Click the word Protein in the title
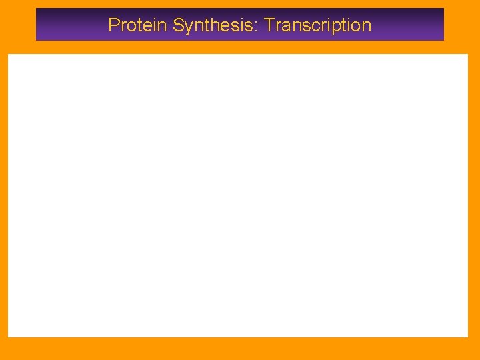[x=138, y=25]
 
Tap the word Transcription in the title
[x=317, y=25]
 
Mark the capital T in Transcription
[x=269, y=25]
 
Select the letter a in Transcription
[x=285, y=27]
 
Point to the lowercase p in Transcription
[x=335, y=28]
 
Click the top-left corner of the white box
[x=8, y=55]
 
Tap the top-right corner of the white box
[x=468, y=55]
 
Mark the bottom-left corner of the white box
[x=8, y=337]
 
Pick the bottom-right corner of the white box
[x=468, y=337]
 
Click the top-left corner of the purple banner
[x=36, y=9]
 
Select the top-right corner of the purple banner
[x=443, y=9]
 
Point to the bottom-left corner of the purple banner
[x=36, y=40]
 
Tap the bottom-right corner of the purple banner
[x=443, y=40]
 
